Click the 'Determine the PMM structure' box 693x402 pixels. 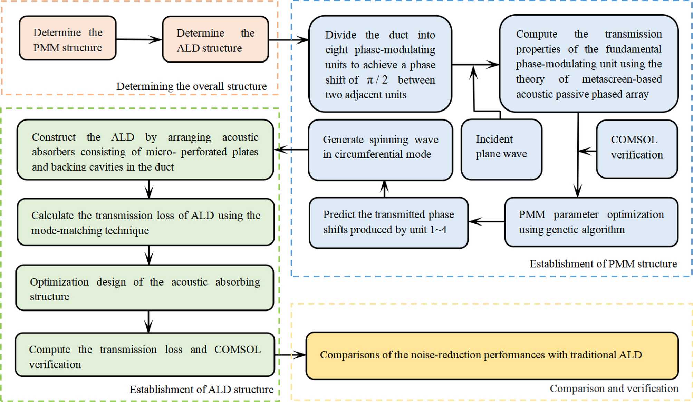point(68,38)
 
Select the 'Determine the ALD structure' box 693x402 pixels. point(215,39)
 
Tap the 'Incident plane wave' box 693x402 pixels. point(501,150)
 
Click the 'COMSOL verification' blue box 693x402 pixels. point(637,149)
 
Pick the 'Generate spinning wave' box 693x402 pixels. point(380,150)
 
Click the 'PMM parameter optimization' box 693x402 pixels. point(591,222)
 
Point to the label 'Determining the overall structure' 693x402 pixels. point(191,86)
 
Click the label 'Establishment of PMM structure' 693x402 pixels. point(603,264)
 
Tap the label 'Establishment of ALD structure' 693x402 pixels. point(201,390)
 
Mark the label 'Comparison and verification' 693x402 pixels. point(614,389)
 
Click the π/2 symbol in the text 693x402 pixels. point(377,80)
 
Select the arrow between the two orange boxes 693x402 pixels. point(139,39)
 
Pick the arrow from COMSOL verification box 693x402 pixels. point(587,151)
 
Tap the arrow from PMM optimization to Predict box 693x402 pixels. point(486,222)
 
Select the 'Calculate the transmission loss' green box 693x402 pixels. point(145,222)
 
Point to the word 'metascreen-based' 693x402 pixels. point(622,79)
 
